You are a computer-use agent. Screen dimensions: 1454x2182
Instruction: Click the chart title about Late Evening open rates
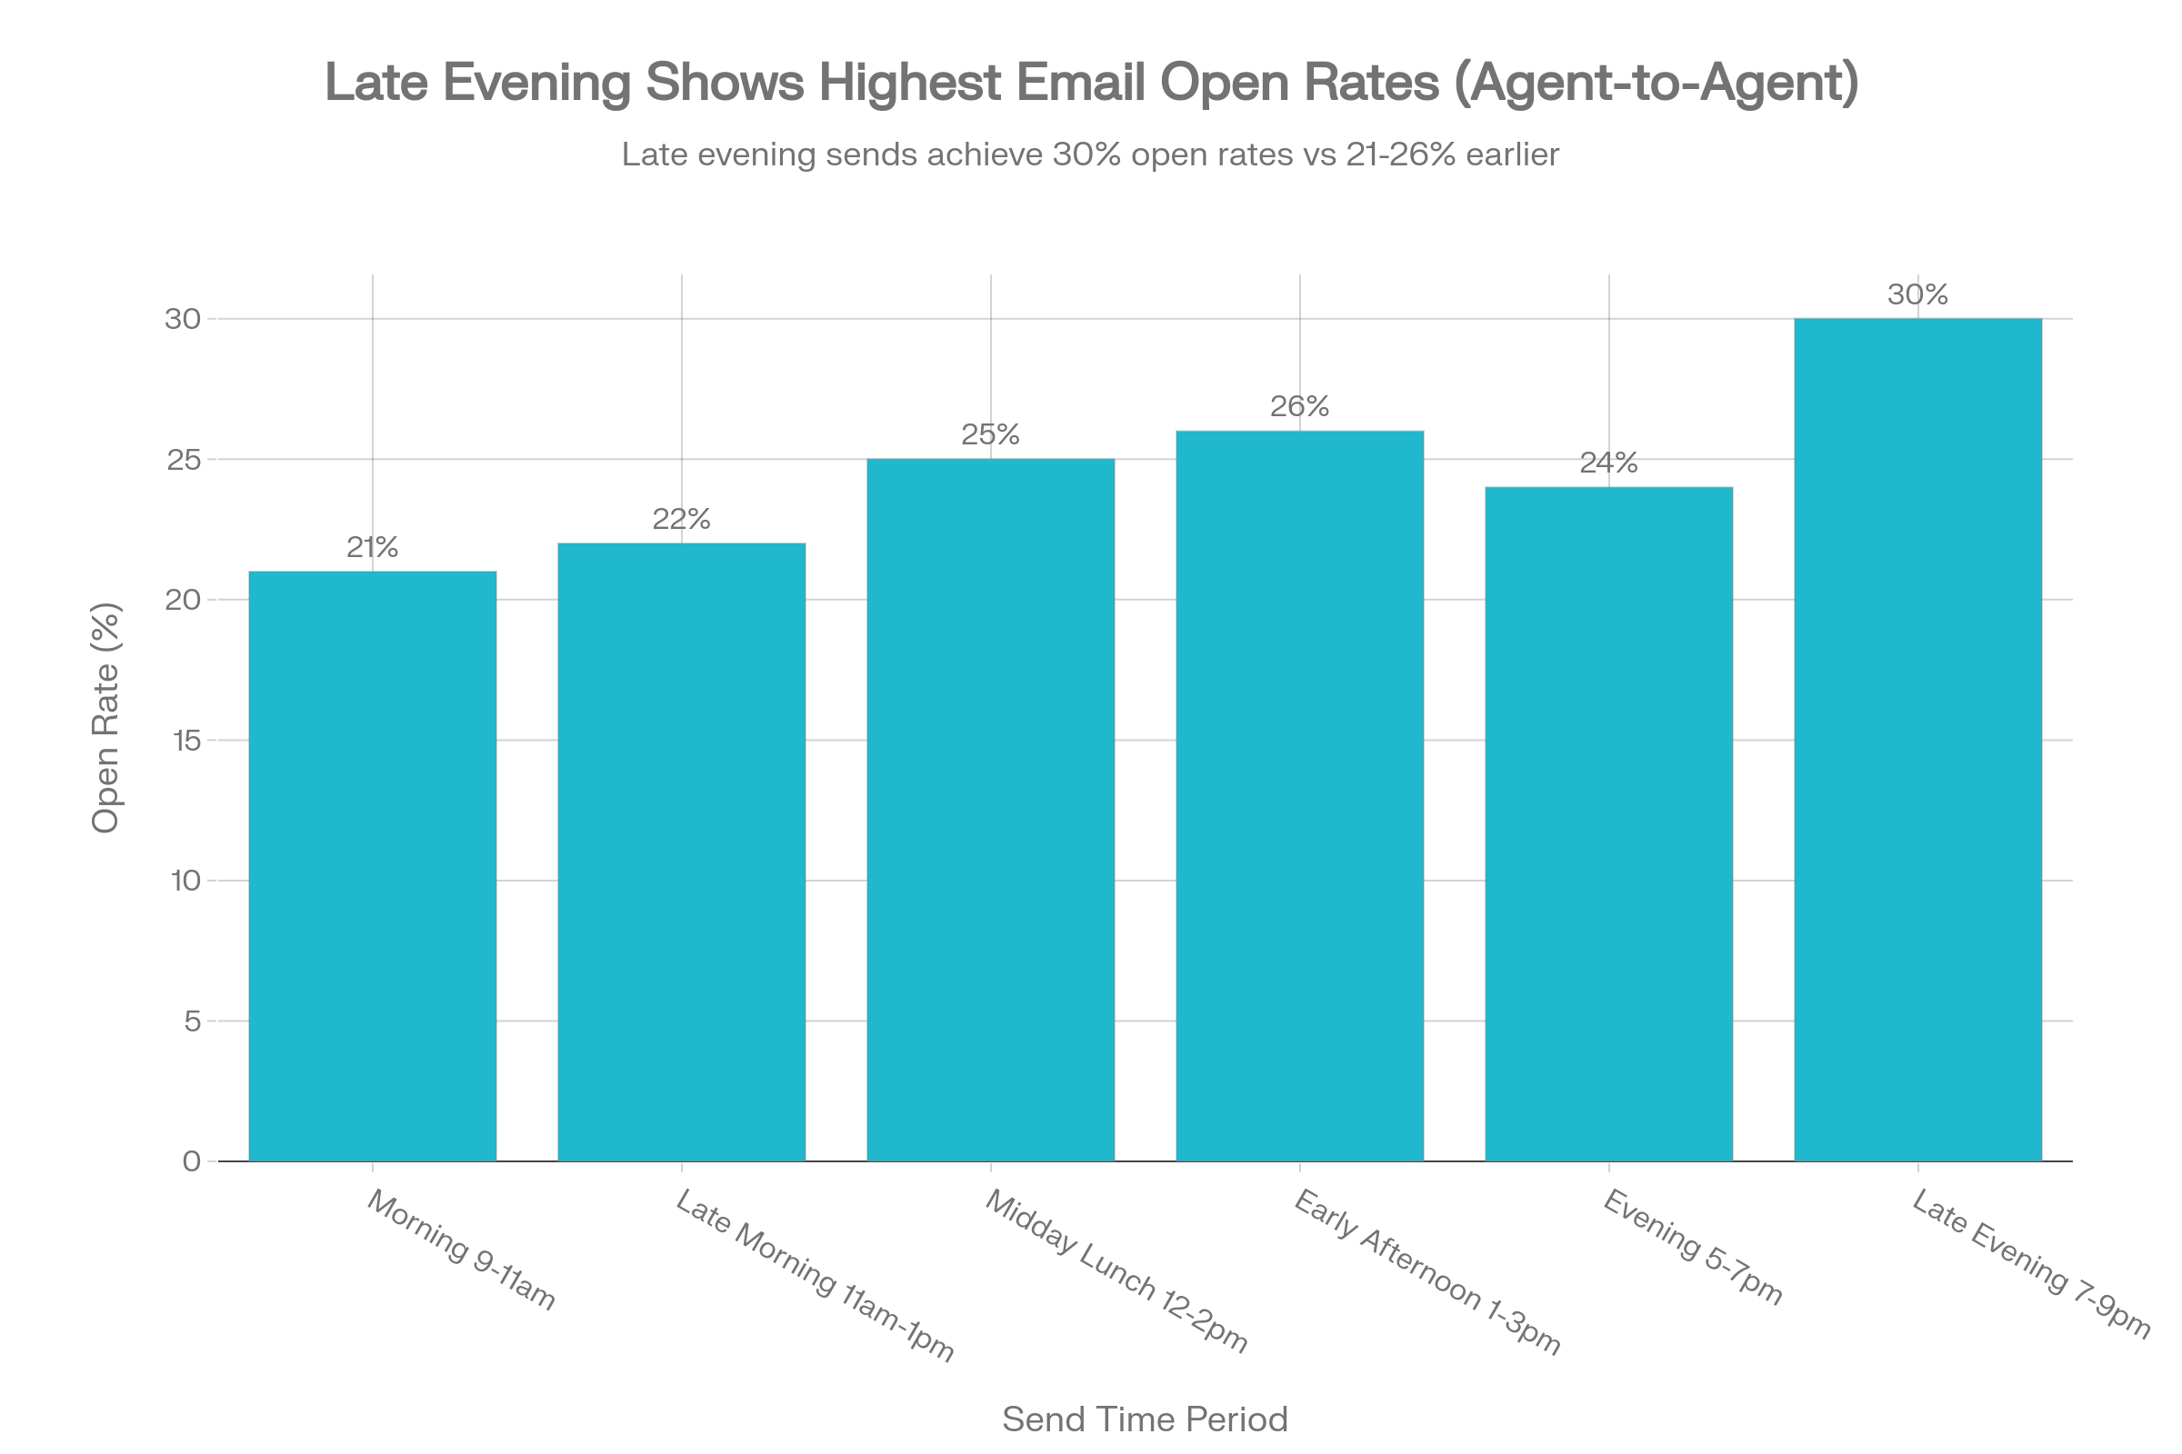[x=1091, y=83]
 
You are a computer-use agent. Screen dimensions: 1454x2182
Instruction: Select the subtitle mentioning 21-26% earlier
[x=1090, y=154]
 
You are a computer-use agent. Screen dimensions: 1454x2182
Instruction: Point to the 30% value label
[x=1917, y=294]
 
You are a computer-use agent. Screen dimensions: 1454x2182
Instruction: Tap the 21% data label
[x=372, y=548]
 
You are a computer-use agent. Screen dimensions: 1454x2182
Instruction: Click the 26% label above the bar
[x=1299, y=406]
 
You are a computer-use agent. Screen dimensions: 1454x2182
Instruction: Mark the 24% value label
[x=1607, y=463]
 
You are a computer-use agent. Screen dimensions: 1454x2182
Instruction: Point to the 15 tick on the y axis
[x=185, y=740]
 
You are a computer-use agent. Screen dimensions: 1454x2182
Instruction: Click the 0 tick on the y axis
[x=192, y=1161]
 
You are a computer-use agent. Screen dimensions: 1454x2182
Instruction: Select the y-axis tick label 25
[x=184, y=459]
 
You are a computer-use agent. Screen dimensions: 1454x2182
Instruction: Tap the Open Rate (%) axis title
[x=105, y=718]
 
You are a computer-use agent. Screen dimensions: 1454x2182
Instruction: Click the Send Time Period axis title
[x=1145, y=1419]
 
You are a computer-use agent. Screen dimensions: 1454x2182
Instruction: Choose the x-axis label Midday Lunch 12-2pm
[x=1116, y=1270]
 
